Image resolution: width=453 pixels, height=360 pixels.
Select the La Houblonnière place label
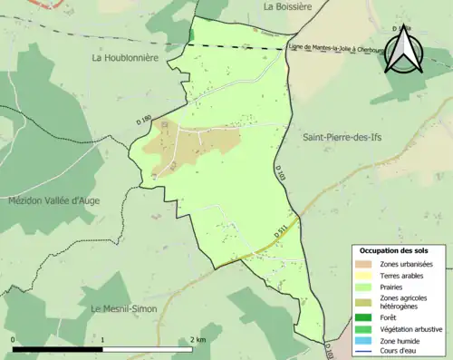click(x=125, y=57)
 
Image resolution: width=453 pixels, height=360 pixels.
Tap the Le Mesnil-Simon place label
click(x=123, y=309)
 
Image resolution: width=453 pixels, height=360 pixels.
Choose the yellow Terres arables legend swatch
click(x=362, y=275)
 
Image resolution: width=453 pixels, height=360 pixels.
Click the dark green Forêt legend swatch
click(x=362, y=317)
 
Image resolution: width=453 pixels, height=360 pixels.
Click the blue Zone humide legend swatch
click(x=362, y=340)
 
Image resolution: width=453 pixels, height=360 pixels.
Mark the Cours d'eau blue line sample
click(x=362, y=351)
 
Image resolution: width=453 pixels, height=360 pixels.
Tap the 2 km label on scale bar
click(x=199, y=339)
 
